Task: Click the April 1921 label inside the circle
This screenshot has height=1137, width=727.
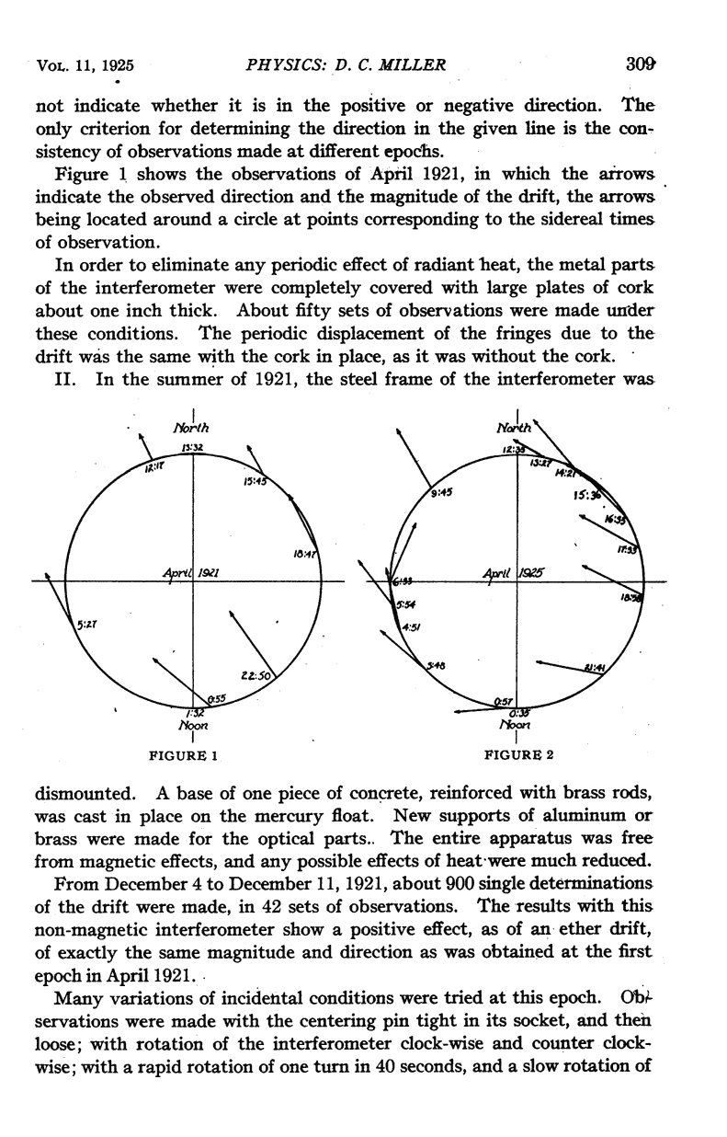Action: coord(188,574)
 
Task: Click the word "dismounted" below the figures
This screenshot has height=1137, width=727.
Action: coord(79,790)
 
